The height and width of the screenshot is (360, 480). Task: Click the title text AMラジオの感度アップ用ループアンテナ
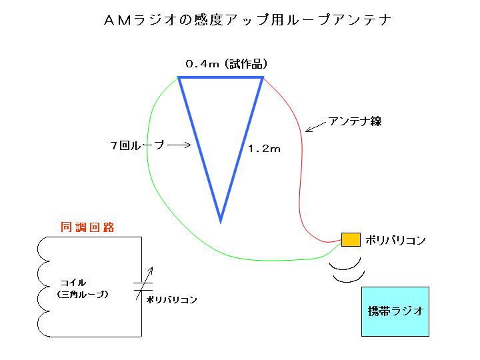click(247, 20)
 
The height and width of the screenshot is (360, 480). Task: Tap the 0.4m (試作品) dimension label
click(227, 64)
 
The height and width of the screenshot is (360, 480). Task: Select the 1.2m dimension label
click(264, 149)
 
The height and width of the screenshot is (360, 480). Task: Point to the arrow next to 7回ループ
click(179, 144)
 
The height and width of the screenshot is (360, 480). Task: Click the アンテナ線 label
click(355, 121)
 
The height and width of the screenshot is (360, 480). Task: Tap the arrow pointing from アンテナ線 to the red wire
click(316, 126)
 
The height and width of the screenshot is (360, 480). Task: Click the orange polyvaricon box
click(351, 239)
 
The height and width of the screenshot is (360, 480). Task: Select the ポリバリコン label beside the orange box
click(395, 240)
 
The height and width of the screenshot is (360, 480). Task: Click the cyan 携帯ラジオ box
click(395, 311)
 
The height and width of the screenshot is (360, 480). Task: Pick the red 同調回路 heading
click(88, 227)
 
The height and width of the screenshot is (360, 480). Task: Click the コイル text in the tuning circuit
click(74, 282)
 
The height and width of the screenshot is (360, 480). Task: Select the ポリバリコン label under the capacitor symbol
click(171, 300)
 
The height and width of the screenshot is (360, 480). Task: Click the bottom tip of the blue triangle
click(220, 219)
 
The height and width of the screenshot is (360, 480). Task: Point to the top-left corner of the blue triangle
click(180, 79)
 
